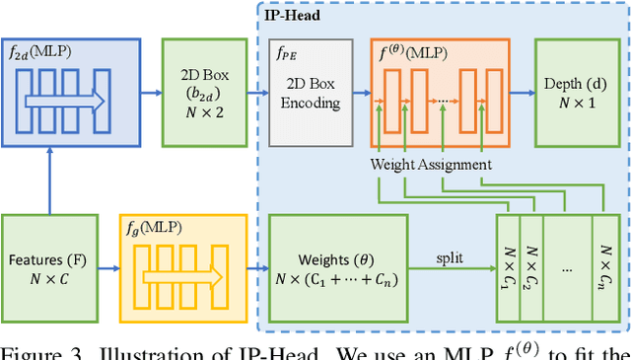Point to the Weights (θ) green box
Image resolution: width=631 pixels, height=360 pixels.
coord(337,265)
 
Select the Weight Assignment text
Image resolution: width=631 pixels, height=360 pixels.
coord(431,165)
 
